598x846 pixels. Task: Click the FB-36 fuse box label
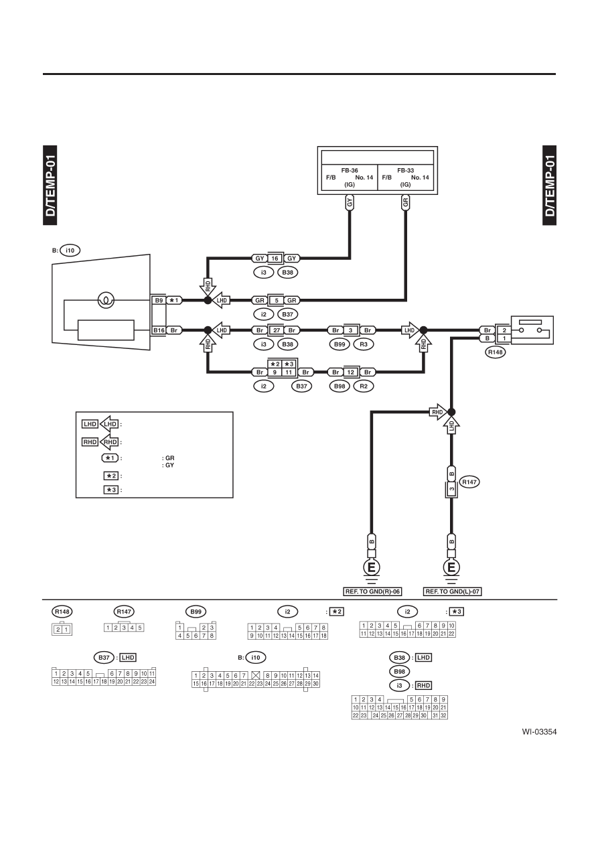click(349, 170)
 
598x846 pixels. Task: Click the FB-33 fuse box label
click(405, 170)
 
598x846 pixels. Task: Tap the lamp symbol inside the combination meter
click(106, 300)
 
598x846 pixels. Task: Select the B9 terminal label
click(159, 300)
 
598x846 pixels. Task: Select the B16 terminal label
click(159, 330)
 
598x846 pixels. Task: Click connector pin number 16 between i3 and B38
click(275, 259)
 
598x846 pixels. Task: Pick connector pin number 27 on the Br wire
click(277, 330)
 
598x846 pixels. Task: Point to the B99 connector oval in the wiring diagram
click(340, 344)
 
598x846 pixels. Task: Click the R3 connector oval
click(364, 344)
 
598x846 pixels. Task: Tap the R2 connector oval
click(364, 386)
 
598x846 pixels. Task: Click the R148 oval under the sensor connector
click(496, 352)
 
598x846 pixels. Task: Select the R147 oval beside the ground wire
click(469, 482)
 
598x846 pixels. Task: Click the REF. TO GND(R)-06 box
click(372, 591)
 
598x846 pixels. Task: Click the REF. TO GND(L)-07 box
click(452, 591)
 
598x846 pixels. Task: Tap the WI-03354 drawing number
click(539, 732)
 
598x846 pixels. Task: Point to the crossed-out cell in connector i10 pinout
click(256, 675)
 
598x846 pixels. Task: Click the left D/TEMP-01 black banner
click(50, 185)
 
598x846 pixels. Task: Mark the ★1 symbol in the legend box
click(110, 457)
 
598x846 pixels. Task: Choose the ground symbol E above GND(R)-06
click(372, 567)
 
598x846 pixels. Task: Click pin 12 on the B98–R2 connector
click(350, 372)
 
